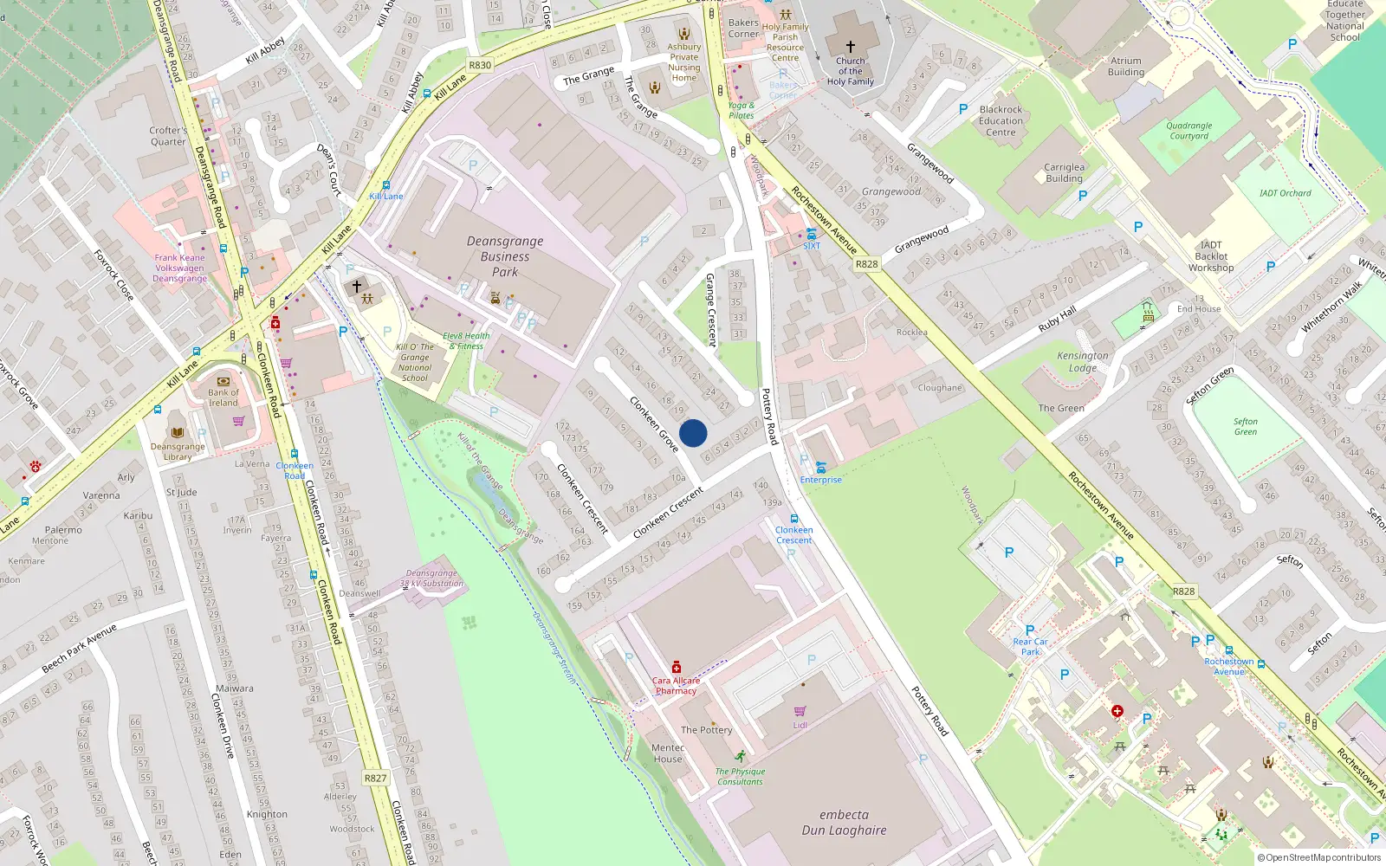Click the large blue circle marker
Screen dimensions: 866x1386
[693, 433]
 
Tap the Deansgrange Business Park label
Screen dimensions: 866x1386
[505, 256]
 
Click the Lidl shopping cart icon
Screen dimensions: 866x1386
[800, 711]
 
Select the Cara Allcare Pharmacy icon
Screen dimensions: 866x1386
[677, 667]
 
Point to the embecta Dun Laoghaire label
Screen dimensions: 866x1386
[844, 823]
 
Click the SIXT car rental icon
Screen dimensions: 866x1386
[811, 234]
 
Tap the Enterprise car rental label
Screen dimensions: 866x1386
[820, 480]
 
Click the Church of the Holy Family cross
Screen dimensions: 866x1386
[850, 47]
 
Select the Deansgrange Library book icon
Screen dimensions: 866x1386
[178, 432]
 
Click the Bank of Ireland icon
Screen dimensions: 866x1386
[223, 381]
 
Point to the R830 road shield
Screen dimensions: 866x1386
[480, 65]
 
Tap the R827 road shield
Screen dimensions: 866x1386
[375, 778]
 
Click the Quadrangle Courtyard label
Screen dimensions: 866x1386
[1188, 131]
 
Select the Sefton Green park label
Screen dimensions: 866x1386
[1246, 426]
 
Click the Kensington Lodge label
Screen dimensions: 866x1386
[1082, 361]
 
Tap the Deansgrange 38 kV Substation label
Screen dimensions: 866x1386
[431, 578]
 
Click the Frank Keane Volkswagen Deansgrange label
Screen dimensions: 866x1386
[180, 268]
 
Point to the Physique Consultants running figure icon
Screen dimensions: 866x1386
[740, 756]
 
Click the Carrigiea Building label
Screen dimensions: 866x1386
[1064, 172]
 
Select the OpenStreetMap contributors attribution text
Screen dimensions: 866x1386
[1318, 857]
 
